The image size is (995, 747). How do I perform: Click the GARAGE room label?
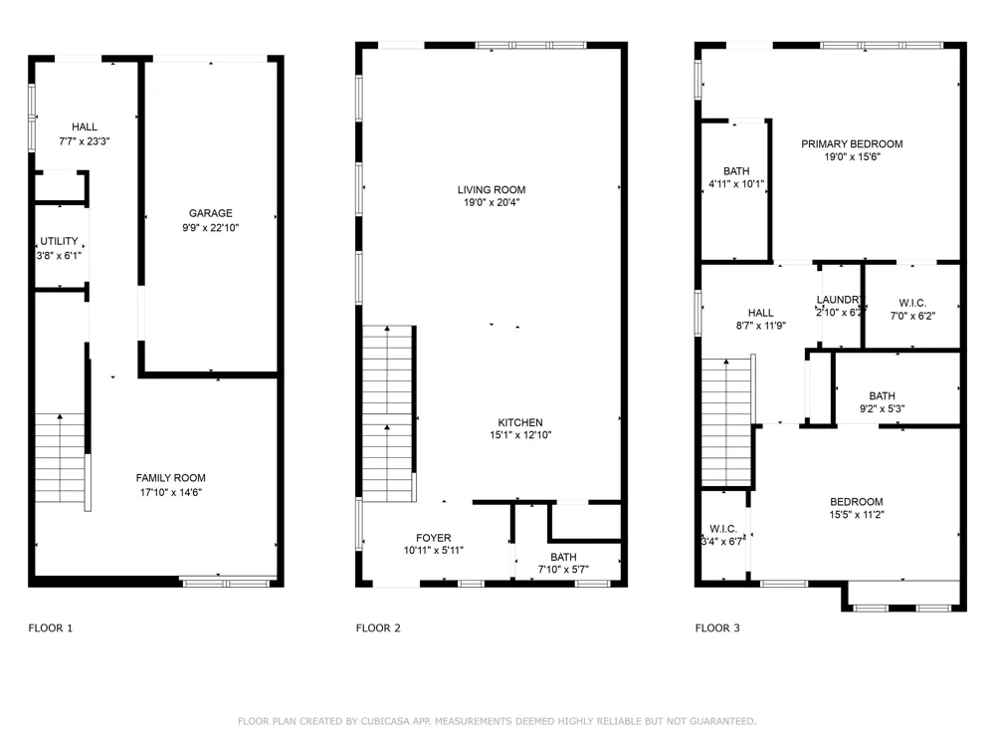(211, 213)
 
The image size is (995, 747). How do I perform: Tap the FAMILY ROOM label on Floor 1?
(171, 478)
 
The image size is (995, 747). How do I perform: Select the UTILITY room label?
(59, 241)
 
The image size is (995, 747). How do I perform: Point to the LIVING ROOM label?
(492, 190)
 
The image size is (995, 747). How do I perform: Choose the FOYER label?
(434, 538)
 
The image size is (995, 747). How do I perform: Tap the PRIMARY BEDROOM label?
(852, 144)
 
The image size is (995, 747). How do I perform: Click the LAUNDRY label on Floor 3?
(838, 300)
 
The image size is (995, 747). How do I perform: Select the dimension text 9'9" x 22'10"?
(211, 228)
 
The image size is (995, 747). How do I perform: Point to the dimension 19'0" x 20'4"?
(492, 202)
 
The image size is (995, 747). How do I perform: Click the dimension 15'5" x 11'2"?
(857, 515)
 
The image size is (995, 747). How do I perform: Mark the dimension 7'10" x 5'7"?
(563, 570)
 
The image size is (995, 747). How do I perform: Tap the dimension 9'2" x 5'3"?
(882, 409)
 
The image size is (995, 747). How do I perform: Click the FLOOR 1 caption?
(51, 628)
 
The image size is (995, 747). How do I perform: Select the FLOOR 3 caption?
(717, 628)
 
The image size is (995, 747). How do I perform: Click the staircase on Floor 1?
(60, 458)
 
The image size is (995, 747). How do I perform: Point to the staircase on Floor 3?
(726, 423)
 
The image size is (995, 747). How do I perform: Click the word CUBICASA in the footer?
(383, 721)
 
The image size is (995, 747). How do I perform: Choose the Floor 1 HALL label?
(85, 127)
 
